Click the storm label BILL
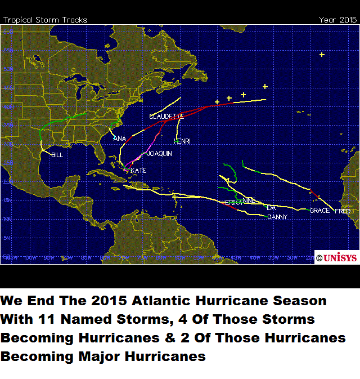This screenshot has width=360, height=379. [57, 154]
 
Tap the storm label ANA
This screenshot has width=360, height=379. [119, 138]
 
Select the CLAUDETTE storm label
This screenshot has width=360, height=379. [166, 116]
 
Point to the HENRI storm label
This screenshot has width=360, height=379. [182, 141]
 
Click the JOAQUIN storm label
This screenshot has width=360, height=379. [159, 153]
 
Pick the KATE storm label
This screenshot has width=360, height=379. [138, 170]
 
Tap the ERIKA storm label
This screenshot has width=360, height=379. [233, 202]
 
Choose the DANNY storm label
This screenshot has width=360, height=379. [277, 217]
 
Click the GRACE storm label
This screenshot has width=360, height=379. [319, 210]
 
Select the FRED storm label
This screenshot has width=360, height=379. [343, 211]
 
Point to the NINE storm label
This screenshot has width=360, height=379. [249, 200]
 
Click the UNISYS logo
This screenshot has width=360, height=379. [336, 257]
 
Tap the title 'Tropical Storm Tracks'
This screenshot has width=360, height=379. [46, 20]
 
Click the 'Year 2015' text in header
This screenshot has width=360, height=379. [337, 20]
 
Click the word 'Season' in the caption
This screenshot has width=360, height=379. [300, 301]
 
